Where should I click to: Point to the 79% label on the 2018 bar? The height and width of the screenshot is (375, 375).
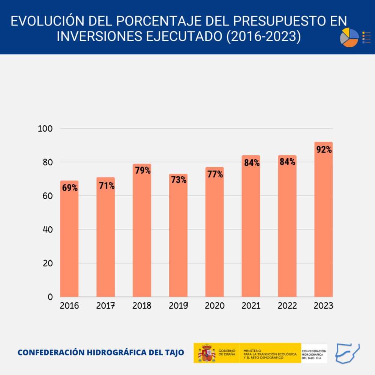coord(142,171)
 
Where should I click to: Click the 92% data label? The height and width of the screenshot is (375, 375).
coord(323,150)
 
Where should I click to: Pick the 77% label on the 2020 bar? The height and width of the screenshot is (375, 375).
coord(215,174)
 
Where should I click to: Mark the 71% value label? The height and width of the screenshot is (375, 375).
coord(106,185)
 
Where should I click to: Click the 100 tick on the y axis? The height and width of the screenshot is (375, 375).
coord(45,129)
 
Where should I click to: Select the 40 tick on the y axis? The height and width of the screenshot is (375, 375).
coord(47,229)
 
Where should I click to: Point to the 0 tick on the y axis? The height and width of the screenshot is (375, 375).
coord(50,297)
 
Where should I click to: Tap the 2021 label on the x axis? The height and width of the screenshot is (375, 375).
coord(251,306)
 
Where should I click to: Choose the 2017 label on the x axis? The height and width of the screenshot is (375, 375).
coord(105,306)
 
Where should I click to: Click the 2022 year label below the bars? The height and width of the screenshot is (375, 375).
coord(287,306)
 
